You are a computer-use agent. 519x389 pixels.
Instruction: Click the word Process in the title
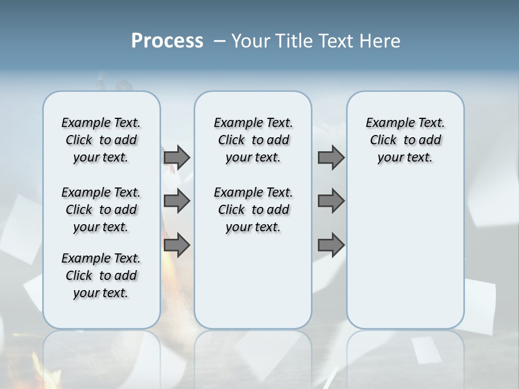(167, 41)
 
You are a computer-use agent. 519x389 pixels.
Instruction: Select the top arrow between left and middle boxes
(177, 157)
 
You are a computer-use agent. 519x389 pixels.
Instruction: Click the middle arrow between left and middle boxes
(177, 201)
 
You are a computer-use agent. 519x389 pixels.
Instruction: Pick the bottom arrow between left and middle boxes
(177, 245)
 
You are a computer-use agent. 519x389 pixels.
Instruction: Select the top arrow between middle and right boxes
(331, 157)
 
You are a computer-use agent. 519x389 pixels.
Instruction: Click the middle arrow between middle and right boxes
(331, 201)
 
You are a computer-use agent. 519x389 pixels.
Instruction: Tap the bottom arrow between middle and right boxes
(331, 245)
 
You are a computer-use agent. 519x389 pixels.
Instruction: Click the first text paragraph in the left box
(101, 140)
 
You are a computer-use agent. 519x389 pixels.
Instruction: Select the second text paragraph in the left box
(101, 210)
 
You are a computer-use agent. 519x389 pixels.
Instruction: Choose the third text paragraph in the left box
(101, 276)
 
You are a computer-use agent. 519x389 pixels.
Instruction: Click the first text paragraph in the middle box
(253, 140)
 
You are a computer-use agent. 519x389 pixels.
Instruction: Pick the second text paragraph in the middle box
(253, 210)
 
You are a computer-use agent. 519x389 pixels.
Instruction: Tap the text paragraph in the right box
(405, 140)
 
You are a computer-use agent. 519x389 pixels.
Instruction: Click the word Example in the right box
(386, 123)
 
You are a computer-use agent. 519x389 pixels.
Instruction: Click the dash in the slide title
(219, 41)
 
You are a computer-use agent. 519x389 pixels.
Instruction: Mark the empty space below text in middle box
(253, 281)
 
